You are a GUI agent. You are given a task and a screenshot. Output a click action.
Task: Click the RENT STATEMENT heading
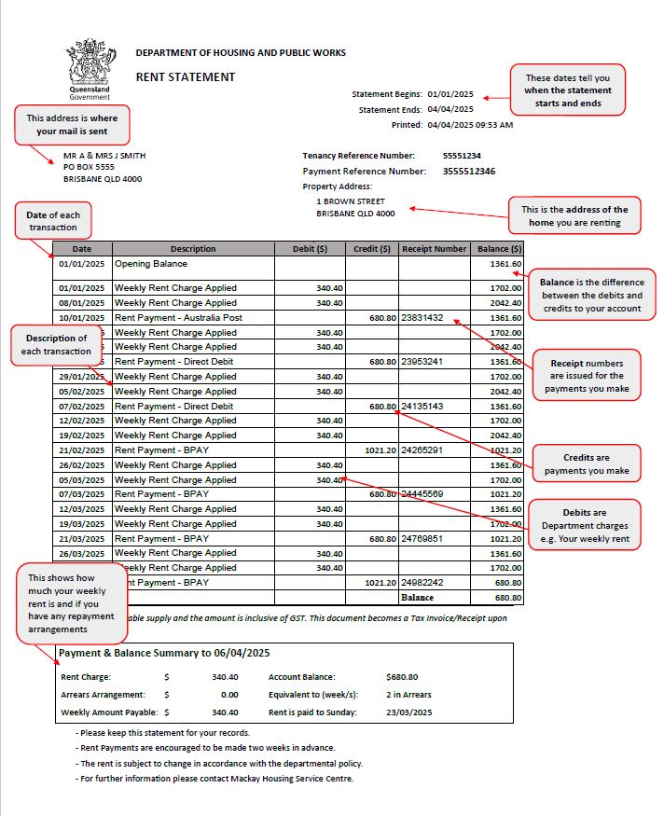186,77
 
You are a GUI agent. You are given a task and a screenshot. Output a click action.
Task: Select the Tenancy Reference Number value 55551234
462,156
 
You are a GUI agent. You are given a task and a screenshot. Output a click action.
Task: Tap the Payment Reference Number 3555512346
468,172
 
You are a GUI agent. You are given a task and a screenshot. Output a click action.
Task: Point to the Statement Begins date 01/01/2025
450,94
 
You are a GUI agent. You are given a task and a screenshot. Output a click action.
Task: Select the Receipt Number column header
434,249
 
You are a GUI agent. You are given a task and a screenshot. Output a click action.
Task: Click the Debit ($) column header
310,249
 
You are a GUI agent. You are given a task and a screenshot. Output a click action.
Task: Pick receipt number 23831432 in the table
422,318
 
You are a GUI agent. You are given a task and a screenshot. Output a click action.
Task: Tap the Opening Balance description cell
151,264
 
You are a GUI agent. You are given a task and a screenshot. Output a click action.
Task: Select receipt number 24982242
422,583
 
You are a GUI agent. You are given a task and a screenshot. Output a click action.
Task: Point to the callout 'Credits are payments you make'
587,464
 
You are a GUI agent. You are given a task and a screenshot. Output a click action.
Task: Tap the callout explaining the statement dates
568,90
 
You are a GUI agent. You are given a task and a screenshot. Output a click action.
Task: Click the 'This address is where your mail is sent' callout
72,125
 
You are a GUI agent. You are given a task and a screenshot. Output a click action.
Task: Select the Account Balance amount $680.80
402,677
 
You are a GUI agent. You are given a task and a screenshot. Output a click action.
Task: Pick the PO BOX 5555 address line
89,167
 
